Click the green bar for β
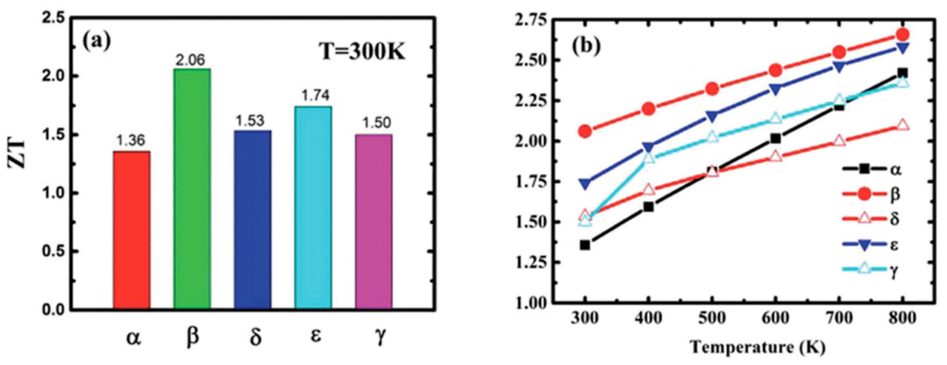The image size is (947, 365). coord(192,189)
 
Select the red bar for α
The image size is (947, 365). coord(131,230)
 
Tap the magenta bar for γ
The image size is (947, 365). coord(374,221)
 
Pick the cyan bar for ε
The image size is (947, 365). coord(313,207)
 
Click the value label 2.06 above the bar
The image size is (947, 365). coord(190,60)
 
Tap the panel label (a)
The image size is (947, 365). coord(97,41)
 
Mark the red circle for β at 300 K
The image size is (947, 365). coord(585,132)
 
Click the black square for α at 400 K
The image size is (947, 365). coord(648,207)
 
